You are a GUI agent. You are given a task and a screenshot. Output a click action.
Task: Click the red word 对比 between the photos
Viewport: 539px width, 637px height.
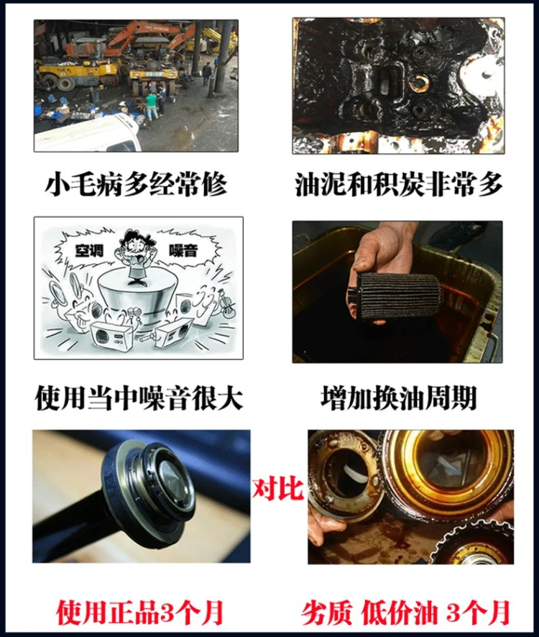click(x=278, y=488)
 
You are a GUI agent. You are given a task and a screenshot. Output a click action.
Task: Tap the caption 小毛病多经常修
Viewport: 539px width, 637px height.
click(x=136, y=184)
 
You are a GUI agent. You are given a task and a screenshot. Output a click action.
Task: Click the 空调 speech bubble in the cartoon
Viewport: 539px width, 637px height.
click(x=89, y=250)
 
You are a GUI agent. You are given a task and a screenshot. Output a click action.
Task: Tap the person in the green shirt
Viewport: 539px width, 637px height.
click(x=152, y=105)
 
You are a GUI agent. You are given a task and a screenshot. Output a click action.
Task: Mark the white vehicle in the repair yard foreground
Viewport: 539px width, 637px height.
click(x=88, y=133)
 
